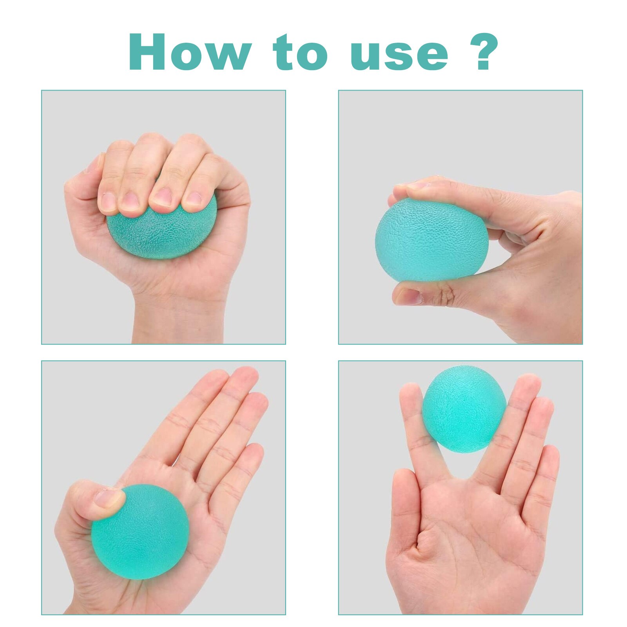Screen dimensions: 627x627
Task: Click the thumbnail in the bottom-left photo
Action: click(108, 498)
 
